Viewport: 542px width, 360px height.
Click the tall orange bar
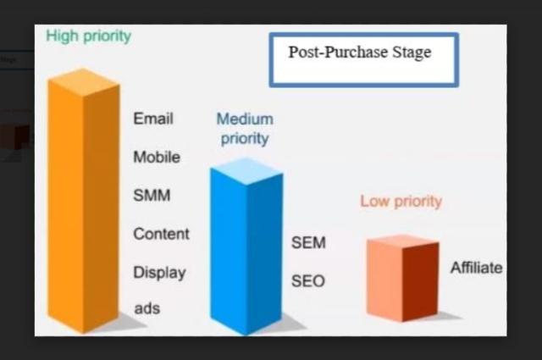(84, 202)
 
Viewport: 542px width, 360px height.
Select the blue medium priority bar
(246, 246)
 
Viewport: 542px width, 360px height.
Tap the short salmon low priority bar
(403, 278)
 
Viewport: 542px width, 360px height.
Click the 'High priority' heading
(88, 36)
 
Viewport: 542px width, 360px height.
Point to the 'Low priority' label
(401, 202)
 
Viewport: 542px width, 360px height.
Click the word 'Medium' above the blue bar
(245, 119)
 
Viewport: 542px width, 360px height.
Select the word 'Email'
(153, 119)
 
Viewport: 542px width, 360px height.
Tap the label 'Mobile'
(157, 158)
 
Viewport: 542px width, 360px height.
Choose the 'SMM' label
(152, 196)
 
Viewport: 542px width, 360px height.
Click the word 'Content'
(162, 234)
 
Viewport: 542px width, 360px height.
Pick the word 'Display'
(160, 273)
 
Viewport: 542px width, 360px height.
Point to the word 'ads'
(147, 308)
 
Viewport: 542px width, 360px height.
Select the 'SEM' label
(308, 243)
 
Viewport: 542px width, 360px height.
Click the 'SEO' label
(308, 281)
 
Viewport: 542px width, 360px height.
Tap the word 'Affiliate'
(477, 268)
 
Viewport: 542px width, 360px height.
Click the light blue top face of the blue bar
(246, 171)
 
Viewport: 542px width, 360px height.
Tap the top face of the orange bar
(84, 82)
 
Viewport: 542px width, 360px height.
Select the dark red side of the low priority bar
(421, 281)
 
